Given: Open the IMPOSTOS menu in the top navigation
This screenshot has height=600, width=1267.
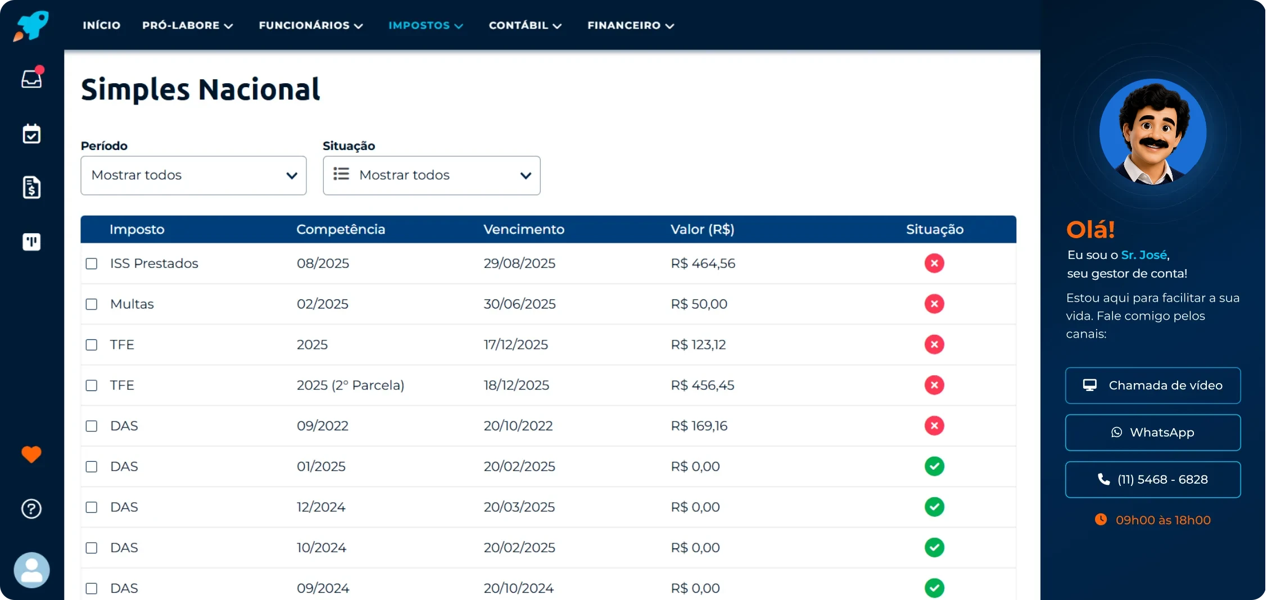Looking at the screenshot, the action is point(426,25).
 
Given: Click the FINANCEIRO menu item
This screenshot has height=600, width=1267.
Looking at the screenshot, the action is point(631,25).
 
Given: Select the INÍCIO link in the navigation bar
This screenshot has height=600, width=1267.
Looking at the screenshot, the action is point(102,25).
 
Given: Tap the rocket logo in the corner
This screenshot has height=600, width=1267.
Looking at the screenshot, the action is point(31,26).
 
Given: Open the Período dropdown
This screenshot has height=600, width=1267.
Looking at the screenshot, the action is point(193,175).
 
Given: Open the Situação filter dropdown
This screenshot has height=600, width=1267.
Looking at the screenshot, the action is point(432,175).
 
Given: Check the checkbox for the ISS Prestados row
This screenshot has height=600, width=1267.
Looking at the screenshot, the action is point(92,263).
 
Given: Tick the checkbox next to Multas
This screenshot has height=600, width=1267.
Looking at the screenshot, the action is point(92,304).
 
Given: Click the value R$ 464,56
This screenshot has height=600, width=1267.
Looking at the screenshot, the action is point(703,263).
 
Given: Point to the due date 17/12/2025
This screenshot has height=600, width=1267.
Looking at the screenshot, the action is point(515,344).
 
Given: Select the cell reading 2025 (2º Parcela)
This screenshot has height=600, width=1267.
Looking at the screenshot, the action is point(350,385).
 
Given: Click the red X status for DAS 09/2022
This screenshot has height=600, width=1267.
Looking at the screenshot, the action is point(934,426).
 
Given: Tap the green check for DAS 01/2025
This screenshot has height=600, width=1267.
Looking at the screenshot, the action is point(934,466).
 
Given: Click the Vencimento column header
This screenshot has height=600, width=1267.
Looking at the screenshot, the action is point(524,229).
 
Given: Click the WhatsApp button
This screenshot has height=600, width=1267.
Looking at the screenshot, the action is point(1153,433).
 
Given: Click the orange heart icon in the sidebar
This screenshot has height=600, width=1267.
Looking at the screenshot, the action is point(31,454).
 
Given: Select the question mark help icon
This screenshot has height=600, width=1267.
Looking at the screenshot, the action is point(31,509).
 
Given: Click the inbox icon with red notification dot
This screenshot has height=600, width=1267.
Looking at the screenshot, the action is point(32,78).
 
